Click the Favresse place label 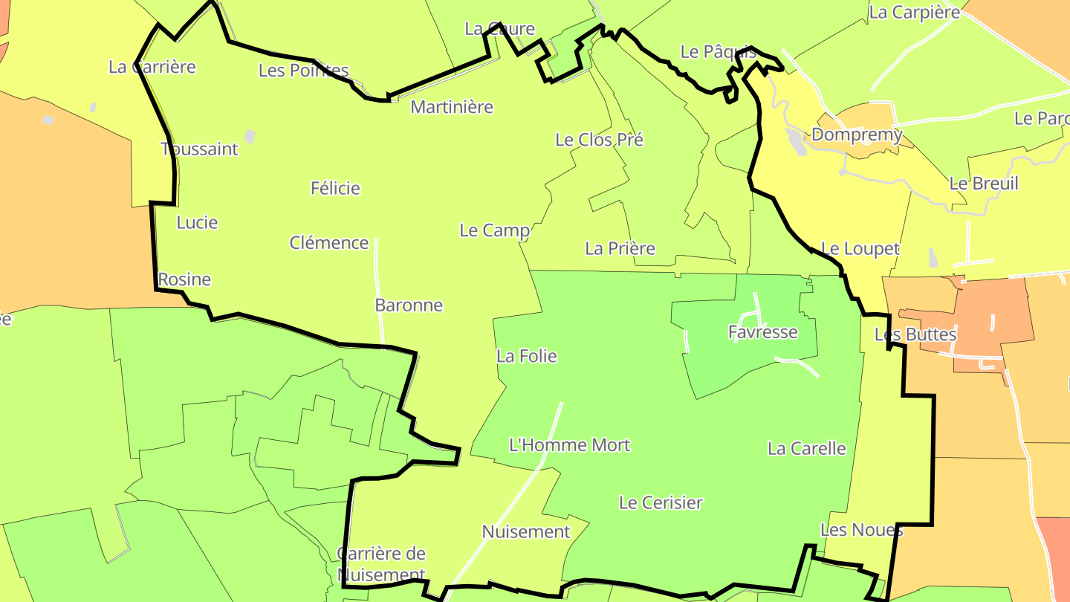pyautogui.click(x=763, y=332)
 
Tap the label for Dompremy pyautogui.click(x=857, y=135)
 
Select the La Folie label pyautogui.click(x=527, y=356)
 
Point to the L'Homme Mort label pyautogui.click(x=569, y=445)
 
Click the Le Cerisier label pyautogui.click(x=661, y=502)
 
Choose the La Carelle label pyautogui.click(x=807, y=448)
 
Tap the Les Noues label pyautogui.click(x=862, y=530)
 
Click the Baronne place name pyautogui.click(x=409, y=305)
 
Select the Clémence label pyautogui.click(x=329, y=242)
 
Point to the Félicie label pyautogui.click(x=335, y=188)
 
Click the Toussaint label pyautogui.click(x=200, y=149)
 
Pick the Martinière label pyautogui.click(x=452, y=106)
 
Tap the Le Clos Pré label pyautogui.click(x=599, y=139)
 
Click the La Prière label pyautogui.click(x=620, y=248)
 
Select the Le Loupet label pyautogui.click(x=860, y=249)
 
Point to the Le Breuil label pyautogui.click(x=984, y=183)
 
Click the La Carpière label pyautogui.click(x=914, y=12)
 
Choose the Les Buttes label pyautogui.click(x=915, y=334)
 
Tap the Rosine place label pyautogui.click(x=184, y=279)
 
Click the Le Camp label pyautogui.click(x=495, y=230)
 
